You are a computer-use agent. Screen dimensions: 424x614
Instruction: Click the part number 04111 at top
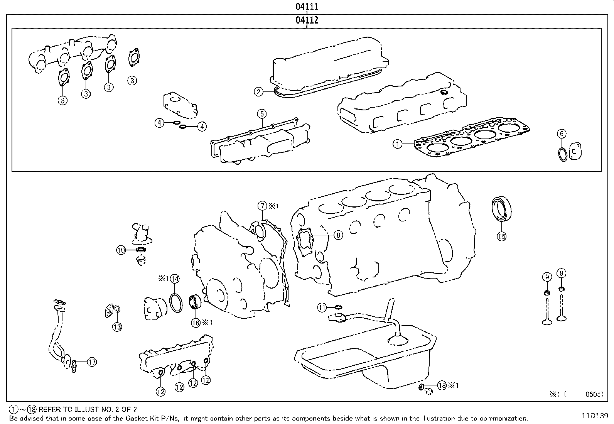(307, 6)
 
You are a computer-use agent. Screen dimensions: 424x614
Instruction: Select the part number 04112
(307, 20)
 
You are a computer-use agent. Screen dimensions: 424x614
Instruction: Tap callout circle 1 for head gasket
(398, 144)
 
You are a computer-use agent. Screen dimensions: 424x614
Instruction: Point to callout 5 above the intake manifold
(261, 113)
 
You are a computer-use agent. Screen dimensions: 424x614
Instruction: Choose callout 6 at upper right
(562, 134)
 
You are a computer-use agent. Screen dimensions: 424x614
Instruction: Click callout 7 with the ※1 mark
(262, 206)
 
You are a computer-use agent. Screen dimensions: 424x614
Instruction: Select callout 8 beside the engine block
(338, 235)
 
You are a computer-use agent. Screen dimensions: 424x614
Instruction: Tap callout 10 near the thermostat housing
(121, 250)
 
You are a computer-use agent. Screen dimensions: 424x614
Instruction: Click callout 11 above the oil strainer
(322, 307)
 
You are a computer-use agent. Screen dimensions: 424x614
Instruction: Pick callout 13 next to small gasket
(117, 327)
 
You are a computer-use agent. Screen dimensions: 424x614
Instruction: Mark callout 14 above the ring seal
(174, 278)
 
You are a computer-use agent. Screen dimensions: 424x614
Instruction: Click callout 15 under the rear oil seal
(501, 236)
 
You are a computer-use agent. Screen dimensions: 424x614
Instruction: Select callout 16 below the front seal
(196, 323)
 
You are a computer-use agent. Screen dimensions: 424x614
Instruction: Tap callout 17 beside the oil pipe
(92, 362)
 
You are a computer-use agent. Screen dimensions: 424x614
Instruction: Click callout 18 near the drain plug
(442, 385)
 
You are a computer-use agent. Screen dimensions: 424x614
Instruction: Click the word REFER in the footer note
(49, 410)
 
